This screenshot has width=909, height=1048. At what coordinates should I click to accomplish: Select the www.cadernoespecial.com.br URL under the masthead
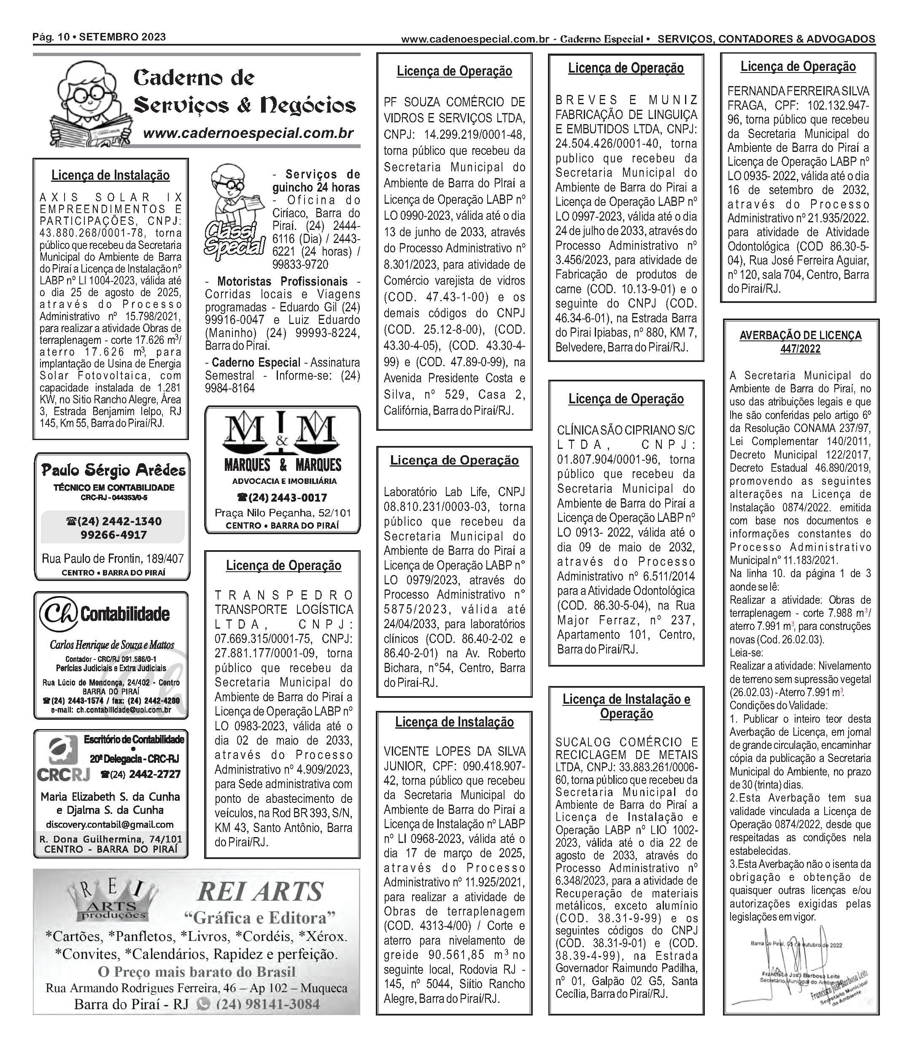[x=248, y=133]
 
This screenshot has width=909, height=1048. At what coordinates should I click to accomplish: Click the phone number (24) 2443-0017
[x=283, y=497]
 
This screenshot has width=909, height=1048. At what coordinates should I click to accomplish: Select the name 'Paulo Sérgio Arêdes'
[x=113, y=470]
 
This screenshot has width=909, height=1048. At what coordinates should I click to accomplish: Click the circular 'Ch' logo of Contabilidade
[x=58, y=614]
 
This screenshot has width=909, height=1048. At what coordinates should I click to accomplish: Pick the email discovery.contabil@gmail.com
[x=110, y=824]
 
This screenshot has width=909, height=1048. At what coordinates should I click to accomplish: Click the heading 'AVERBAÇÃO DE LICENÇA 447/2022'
[x=801, y=342]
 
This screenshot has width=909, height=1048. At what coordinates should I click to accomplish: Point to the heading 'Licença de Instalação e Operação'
[x=626, y=706]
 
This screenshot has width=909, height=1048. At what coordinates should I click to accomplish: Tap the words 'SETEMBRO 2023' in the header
[x=122, y=37]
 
